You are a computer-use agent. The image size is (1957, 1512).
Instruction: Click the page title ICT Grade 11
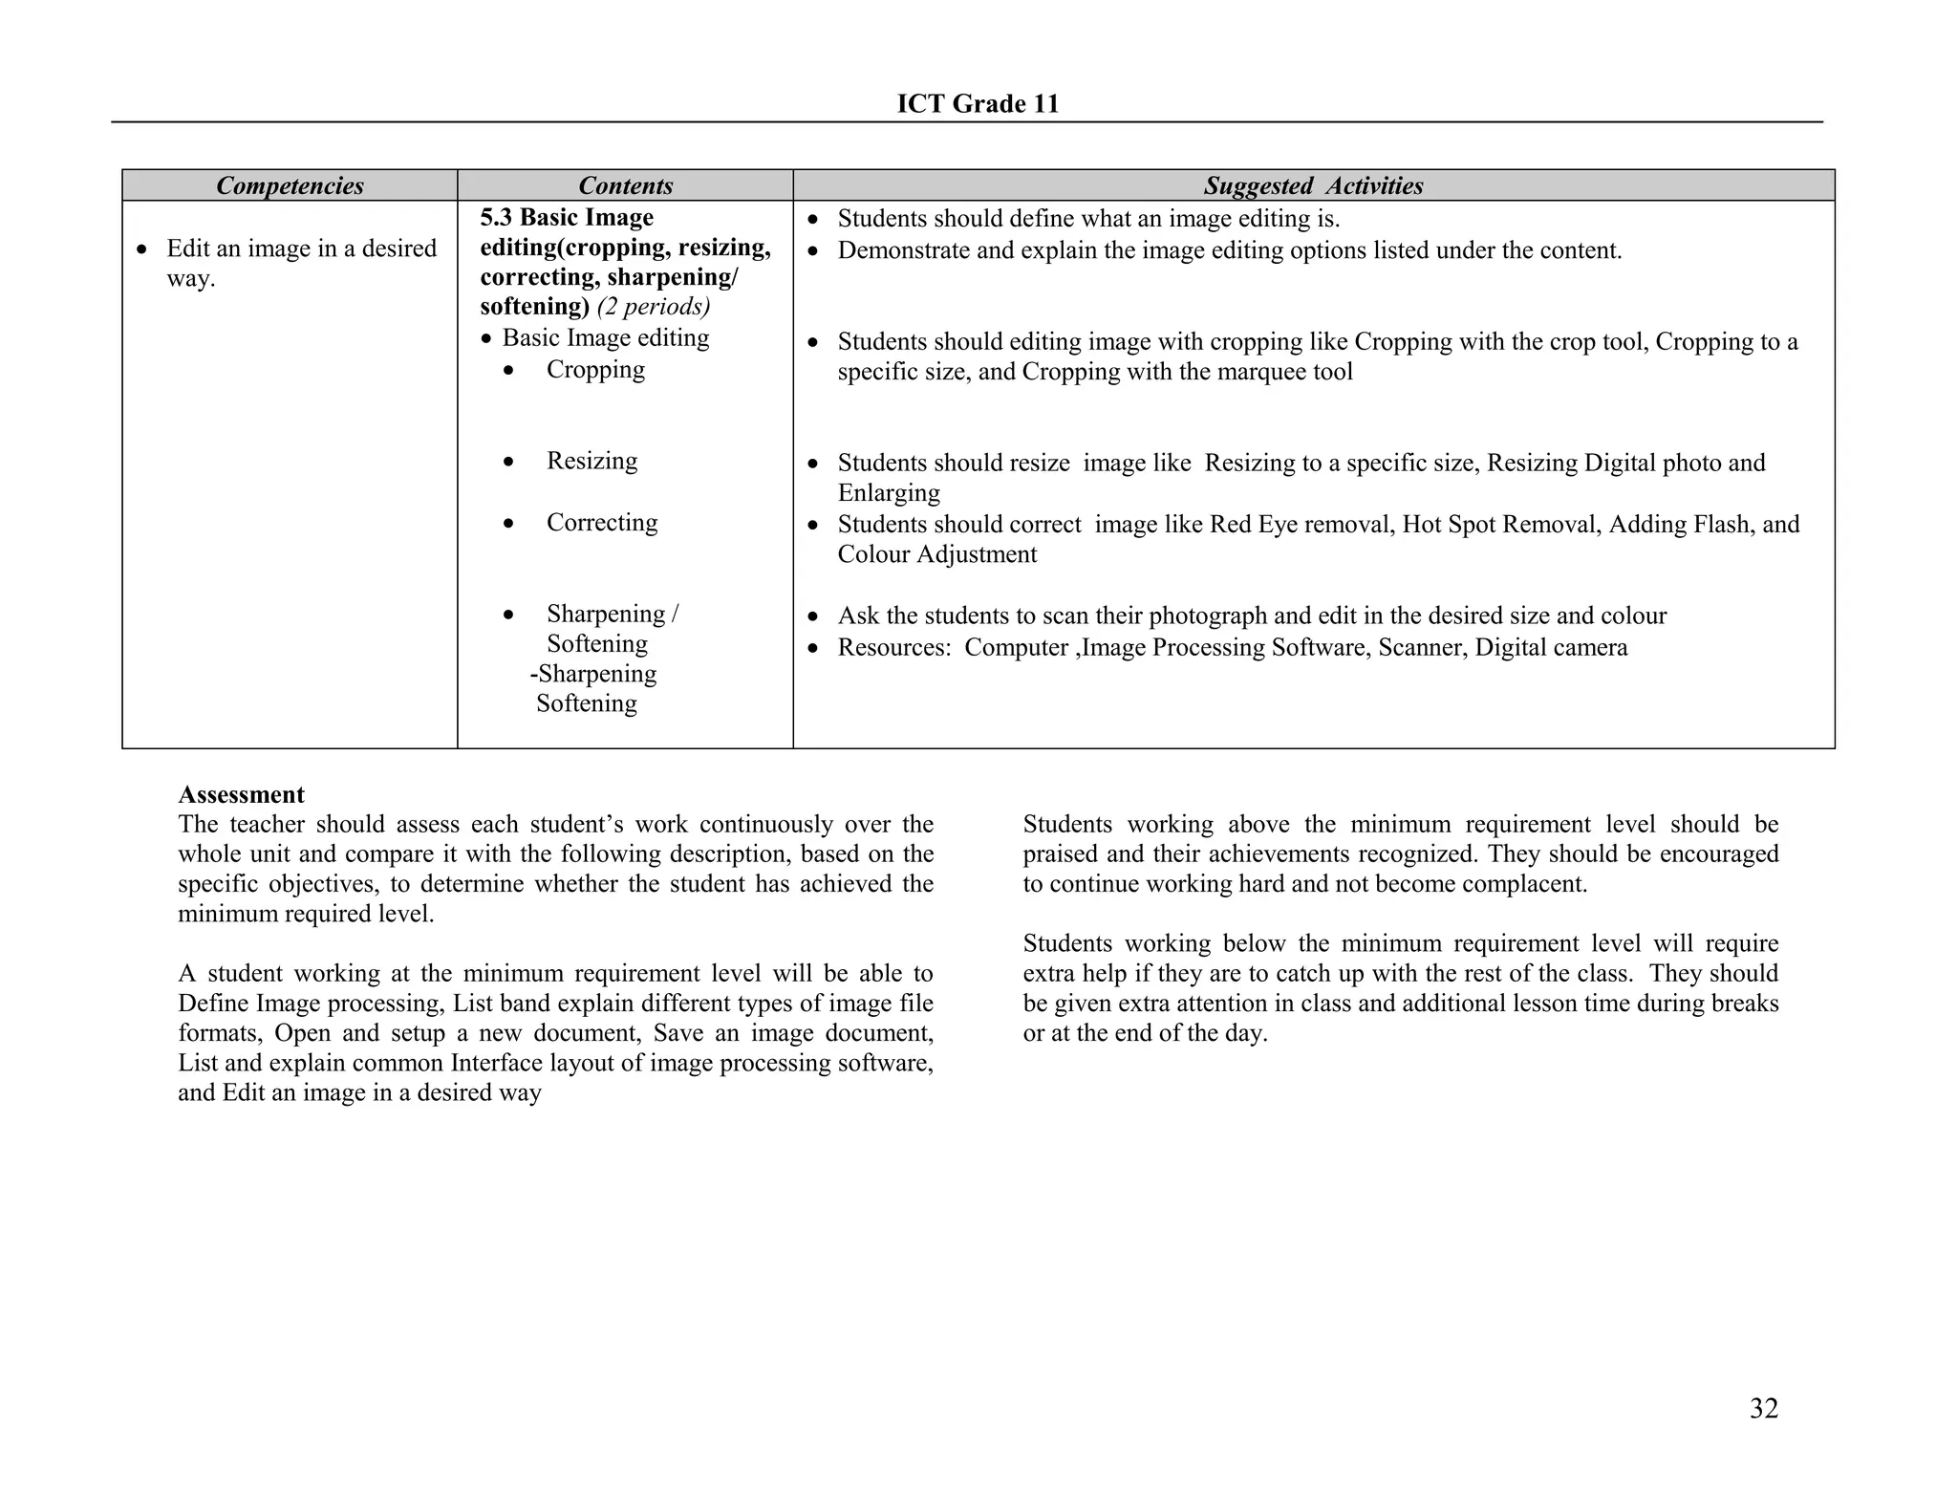click(978, 104)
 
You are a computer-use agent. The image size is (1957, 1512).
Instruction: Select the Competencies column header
click(290, 185)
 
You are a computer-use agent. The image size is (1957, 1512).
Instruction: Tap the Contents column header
click(625, 185)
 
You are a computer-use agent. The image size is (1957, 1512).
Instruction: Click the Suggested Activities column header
click(1313, 185)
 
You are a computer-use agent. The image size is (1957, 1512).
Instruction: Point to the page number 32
click(1763, 1408)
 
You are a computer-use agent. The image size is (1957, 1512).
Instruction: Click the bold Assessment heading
click(241, 794)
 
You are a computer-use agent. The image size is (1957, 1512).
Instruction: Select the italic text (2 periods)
click(653, 307)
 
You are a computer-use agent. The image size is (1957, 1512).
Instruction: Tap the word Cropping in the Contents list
click(594, 370)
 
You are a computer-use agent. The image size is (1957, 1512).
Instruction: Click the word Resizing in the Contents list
click(591, 461)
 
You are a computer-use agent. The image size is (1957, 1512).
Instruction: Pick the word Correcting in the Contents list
click(601, 523)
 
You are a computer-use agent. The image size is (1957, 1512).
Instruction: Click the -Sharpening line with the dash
click(593, 674)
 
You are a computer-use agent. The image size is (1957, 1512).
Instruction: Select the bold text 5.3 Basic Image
click(566, 218)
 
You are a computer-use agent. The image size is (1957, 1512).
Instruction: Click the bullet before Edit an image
click(142, 249)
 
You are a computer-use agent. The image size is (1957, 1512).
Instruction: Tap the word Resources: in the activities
click(893, 648)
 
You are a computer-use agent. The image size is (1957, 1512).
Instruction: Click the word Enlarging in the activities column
click(889, 493)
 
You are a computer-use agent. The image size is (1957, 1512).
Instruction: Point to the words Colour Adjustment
click(936, 554)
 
